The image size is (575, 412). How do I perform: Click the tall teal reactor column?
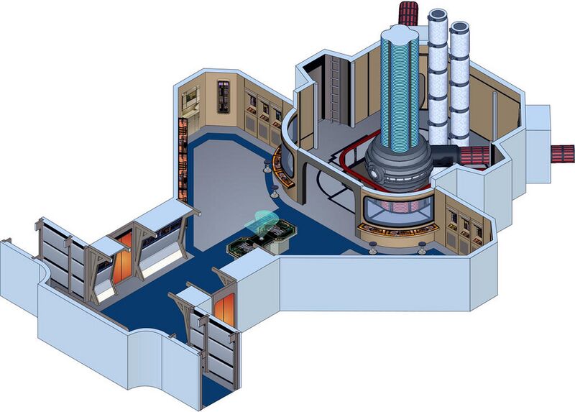coord(398,86)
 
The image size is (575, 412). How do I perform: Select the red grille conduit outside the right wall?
coord(563,153)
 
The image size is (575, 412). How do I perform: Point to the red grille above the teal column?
coord(408,13)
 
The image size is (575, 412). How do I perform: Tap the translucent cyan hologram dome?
coord(262,221)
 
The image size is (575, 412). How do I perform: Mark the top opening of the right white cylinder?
coord(459,29)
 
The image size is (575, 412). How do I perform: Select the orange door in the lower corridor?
coord(224,308)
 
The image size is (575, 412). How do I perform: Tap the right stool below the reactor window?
coord(421,248)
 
